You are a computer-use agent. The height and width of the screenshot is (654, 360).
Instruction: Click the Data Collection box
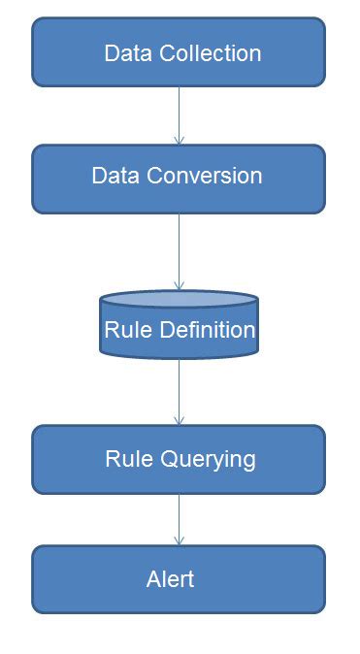179,52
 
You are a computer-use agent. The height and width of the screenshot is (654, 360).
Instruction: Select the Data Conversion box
179,178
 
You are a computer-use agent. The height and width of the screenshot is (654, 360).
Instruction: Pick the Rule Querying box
179,459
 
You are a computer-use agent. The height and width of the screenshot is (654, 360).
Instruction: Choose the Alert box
179,579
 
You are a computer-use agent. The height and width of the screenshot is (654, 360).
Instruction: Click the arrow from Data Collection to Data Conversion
179,116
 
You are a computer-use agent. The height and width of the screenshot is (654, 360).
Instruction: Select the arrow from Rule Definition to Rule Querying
179,392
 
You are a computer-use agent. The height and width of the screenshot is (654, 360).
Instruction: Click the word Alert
170,579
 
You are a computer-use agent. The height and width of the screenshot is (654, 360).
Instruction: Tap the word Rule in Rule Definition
123,330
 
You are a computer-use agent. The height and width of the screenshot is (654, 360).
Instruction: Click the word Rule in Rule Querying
125,458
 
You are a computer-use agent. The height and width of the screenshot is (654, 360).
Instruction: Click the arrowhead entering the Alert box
179,540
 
